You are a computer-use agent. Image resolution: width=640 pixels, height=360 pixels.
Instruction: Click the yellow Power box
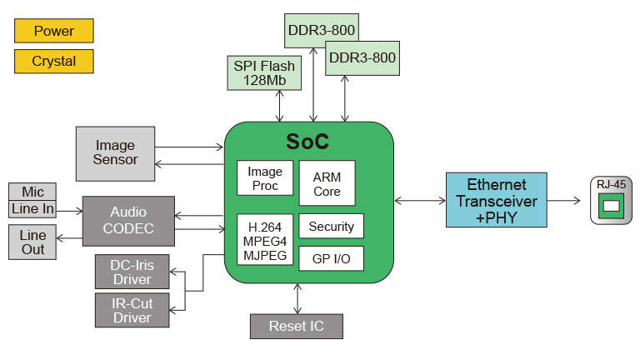click(54, 31)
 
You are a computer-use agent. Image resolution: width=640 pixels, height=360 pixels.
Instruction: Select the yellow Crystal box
click(54, 61)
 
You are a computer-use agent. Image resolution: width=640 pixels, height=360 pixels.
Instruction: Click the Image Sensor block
click(115, 153)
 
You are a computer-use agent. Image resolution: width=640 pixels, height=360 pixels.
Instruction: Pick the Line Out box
click(32, 242)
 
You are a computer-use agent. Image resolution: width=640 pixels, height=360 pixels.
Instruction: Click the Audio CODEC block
click(127, 221)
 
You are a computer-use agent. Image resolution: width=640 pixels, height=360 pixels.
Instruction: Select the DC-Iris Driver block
click(132, 272)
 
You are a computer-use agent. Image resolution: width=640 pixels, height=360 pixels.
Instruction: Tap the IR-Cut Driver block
click(132, 309)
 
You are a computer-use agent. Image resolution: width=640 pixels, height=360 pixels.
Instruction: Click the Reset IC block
click(297, 326)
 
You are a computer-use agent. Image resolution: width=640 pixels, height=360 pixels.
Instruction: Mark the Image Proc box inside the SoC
click(265, 178)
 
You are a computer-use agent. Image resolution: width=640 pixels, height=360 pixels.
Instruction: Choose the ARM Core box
click(327, 183)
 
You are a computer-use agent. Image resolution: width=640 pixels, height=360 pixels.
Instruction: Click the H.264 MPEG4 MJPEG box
click(264, 239)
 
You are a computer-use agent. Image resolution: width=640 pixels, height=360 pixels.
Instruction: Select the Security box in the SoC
click(331, 226)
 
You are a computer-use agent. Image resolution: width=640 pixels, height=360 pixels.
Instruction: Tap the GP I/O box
click(331, 259)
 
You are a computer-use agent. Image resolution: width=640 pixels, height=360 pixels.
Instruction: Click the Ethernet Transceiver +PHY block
click(497, 200)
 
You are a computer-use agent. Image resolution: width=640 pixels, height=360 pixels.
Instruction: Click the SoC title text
click(307, 142)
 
